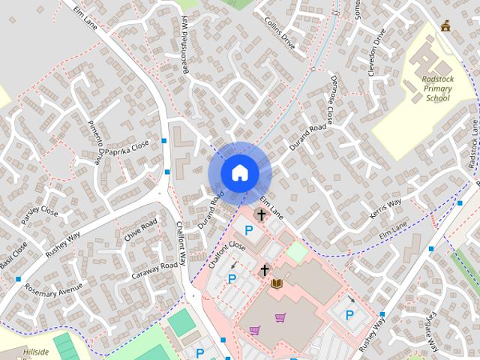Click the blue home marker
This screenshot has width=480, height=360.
pos(239,172)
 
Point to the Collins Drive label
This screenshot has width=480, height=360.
pos(282,34)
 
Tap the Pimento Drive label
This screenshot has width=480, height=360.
pos(95,142)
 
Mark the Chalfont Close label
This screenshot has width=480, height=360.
pos(227,255)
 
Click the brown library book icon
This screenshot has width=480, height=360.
pos(276,283)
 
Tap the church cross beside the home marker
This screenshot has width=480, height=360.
pos(261,215)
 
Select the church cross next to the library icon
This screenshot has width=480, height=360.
pos(264,270)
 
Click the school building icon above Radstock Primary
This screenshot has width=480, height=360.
pos(447,26)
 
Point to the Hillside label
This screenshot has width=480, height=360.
pos(35,352)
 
